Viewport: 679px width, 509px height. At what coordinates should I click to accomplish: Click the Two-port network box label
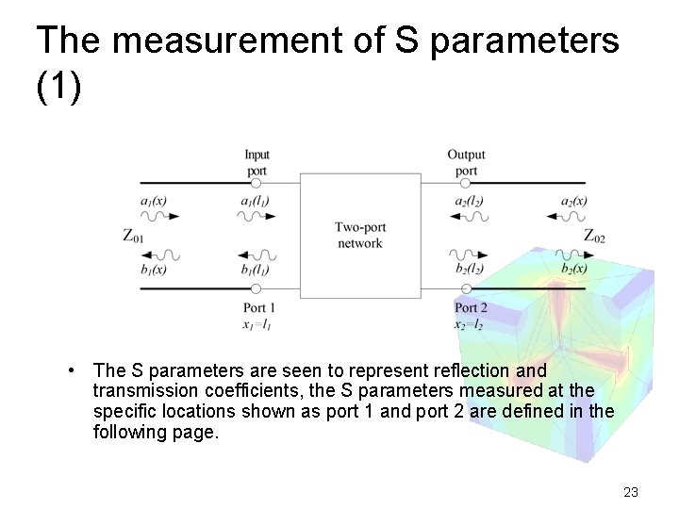(x=359, y=235)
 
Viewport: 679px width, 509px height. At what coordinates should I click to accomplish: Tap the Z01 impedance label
(x=133, y=236)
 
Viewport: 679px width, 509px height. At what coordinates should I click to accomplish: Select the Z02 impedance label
(x=594, y=236)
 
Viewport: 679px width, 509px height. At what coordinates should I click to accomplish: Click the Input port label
(x=257, y=162)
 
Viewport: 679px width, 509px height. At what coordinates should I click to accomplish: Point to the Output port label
(x=466, y=162)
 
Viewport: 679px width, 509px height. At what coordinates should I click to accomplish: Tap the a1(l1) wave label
(x=256, y=201)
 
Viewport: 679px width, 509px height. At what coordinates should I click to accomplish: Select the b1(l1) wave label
(x=256, y=270)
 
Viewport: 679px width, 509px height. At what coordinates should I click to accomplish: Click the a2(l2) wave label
(x=469, y=201)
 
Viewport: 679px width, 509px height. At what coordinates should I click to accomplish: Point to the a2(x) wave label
(x=573, y=201)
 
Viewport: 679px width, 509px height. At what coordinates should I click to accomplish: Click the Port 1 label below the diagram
(x=259, y=307)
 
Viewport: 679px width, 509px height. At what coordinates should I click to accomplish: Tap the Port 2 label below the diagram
(x=471, y=307)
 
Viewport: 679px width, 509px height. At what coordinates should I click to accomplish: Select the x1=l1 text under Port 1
(x=257, y=324)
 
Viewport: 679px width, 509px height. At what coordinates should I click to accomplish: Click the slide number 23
(x=631, y=491)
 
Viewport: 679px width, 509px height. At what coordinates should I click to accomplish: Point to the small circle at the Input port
(x=256, y=183)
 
